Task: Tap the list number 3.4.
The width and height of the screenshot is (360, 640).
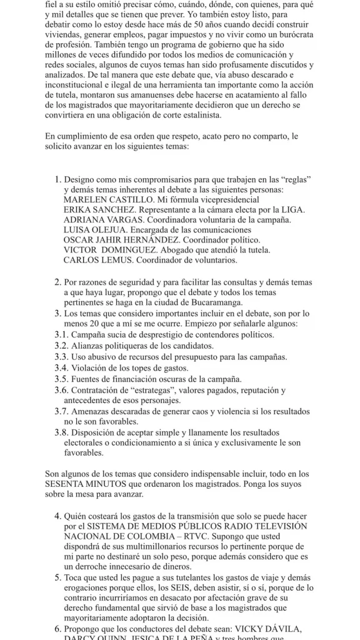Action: (61, 367)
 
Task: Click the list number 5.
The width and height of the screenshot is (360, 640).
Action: (57, 577)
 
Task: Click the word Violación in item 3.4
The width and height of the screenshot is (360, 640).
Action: (91, 367)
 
